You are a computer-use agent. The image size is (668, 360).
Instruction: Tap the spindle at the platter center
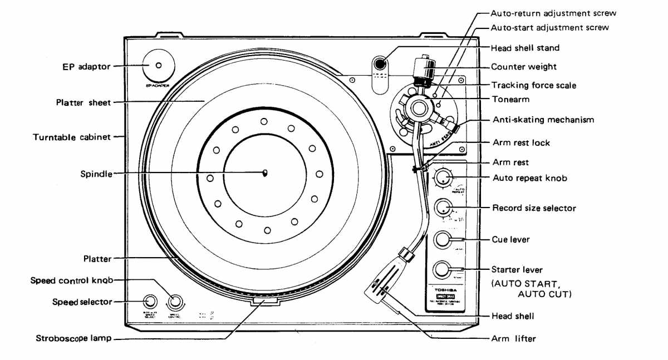tap(265, 172)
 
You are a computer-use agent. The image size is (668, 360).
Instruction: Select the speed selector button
tap(150, 302)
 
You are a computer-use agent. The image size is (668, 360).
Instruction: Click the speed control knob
tap(175, 302)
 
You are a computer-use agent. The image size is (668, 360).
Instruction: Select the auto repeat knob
tap(443, 177)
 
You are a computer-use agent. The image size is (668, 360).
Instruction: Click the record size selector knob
tap(443, 208)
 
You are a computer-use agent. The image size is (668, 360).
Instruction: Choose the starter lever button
tap(443, 269)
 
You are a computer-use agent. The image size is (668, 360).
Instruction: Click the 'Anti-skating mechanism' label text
tap(543, 120)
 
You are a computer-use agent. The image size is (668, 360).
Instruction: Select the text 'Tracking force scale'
tap(533, 85)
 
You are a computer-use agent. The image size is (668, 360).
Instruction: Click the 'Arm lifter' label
tap(513, 338)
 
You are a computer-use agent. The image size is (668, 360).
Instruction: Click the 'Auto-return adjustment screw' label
tap(553, 13)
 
